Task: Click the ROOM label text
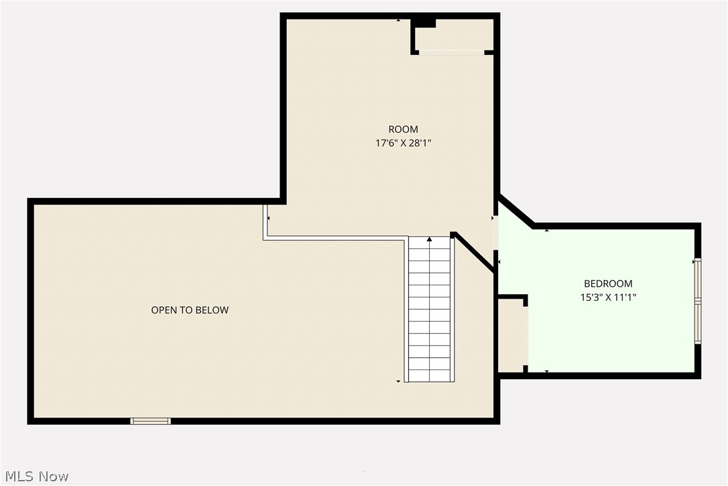[403, 130]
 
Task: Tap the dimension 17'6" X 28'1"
[403, 142]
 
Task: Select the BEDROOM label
[608, 284]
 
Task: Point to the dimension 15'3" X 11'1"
[608, 297]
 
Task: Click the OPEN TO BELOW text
[190, 310]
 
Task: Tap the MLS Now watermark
[35, 476]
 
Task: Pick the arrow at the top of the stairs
[429, 238]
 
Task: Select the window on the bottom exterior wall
[150, 421]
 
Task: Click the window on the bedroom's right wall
[697, 301]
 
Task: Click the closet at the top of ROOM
[454, 36]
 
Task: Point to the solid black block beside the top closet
[424, 23]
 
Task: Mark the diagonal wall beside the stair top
[475, 252]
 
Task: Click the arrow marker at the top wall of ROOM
[399, 20]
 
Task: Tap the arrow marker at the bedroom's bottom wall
[547, 371]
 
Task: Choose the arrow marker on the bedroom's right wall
[694, 260]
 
